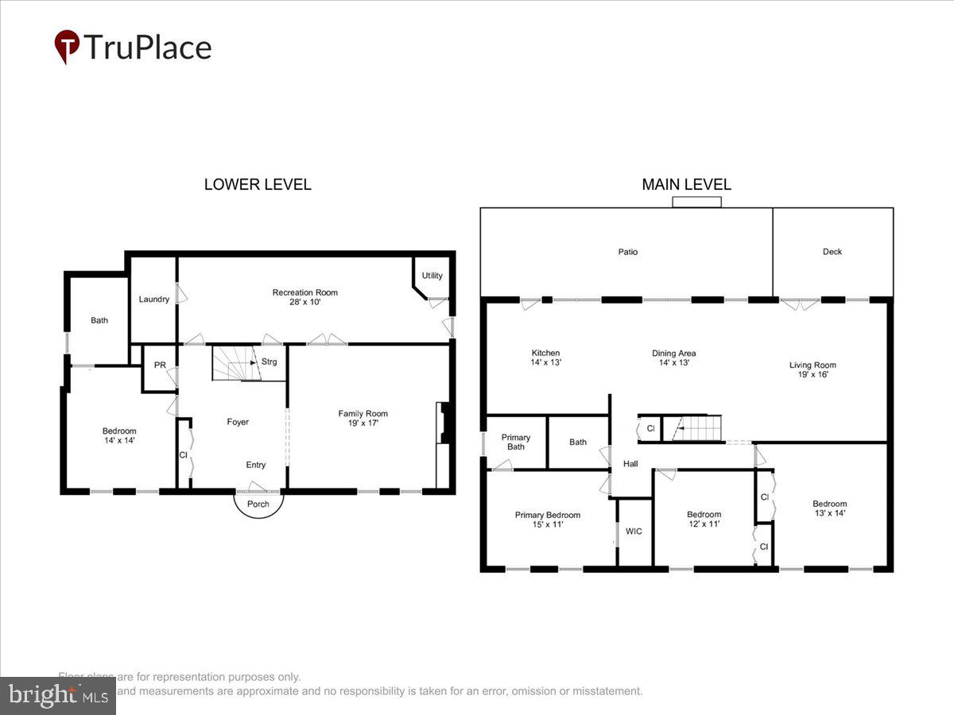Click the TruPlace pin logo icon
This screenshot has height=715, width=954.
click(x=67, y=46)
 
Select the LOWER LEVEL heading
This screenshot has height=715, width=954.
click(x=258, y=184)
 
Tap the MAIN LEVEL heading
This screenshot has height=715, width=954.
click(x=686, y=184)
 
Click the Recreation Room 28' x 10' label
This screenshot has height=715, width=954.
click(x=304, y=297)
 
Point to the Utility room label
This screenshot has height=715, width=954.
click(x=432, y=276)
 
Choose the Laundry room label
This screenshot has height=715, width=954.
click(x=154, y=299)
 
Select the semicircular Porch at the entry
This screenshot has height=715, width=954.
click(x=258, y=503)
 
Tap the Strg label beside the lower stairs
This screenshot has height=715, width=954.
click(x=269, y=362)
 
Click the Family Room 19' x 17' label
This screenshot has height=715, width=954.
click(x=363, y=418)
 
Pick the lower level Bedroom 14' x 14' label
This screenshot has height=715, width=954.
click(x=119, y=435)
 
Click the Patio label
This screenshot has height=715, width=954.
click(x=628, y=252)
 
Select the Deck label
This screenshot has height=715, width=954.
click(x=832, y=252)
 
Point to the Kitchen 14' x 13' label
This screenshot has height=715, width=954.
click(x=545, y=357)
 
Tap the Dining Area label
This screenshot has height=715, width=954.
click(x=674, y=357)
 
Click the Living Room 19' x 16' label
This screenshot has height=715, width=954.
click(x=812, y=369)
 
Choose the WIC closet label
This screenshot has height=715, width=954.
click(x=634, y=531)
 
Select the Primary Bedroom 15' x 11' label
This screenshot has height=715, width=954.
click(x=547, y=520)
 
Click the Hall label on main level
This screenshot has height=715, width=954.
click(x=630, y=464)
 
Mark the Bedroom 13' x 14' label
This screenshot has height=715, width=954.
click(x=829, y=508)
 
